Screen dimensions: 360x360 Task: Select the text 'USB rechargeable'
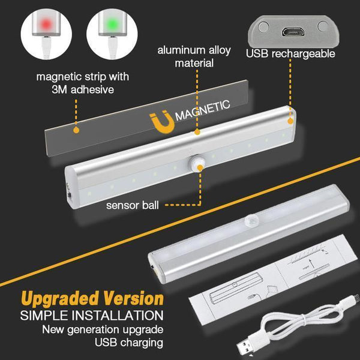[x=290, y=54]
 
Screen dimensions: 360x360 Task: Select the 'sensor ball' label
[x=132, y=205]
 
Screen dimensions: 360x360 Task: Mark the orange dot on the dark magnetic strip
[x=75, y=128]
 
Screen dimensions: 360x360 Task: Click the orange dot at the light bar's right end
[x=291, y=119]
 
